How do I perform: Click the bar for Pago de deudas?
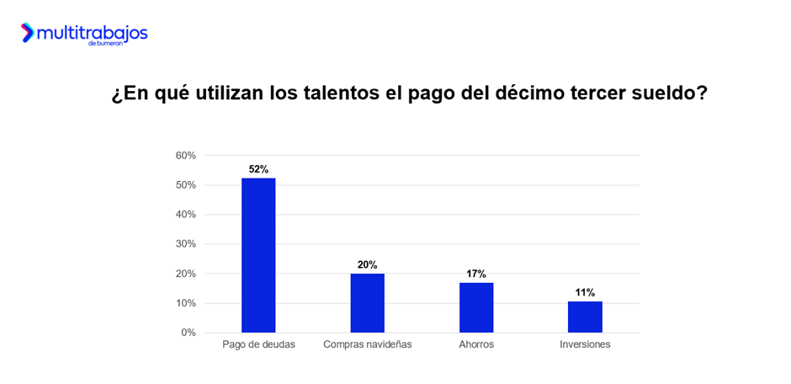(x=258, y=255)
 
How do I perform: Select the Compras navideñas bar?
(x=367, y=302)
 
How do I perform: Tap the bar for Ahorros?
(x=476, y=307)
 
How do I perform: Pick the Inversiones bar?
(x=585, y=317)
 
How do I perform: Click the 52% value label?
(x=258, y=169)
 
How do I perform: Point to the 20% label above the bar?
(x=367, y=264)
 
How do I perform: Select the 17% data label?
(x=476, y=274)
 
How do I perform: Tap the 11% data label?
(x=585, y=292)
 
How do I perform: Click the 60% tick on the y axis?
(x=186, y=156)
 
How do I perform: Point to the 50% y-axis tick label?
(x=186, y=185)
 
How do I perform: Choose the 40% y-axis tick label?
(x=186, y=215)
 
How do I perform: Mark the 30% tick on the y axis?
(x=186, y=244)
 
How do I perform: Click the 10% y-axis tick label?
(x=186, y=303)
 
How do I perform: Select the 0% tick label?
(x=188, y=333)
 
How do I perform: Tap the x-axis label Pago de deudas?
(x=258, y=344)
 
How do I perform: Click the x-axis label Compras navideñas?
(x=367, y=344)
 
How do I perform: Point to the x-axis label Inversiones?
(x=585, y=344)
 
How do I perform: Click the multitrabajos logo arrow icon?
(x=28, y=33)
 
